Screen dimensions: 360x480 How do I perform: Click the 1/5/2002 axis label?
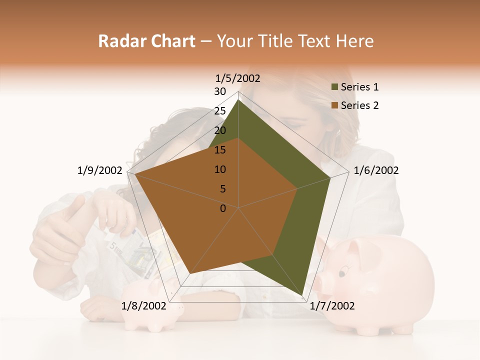[x=237, y=78]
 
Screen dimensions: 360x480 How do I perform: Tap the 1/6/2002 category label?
[x=376, y=170]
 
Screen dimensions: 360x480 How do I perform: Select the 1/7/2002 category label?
[x=332, y=306]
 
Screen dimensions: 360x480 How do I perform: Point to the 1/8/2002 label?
[x=143, y=306]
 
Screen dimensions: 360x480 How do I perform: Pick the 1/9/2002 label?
[x=99, y=170]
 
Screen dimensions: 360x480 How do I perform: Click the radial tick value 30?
[x=220, y=91]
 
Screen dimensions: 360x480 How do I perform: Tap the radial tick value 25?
[x=220, y=111]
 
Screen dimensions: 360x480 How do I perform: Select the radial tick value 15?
[x=220, y=150]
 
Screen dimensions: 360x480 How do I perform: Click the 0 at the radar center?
[x=223, y=208]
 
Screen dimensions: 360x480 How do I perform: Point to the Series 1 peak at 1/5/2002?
[x=238, y=99]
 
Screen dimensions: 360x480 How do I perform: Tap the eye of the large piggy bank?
[x=342, y=273]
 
